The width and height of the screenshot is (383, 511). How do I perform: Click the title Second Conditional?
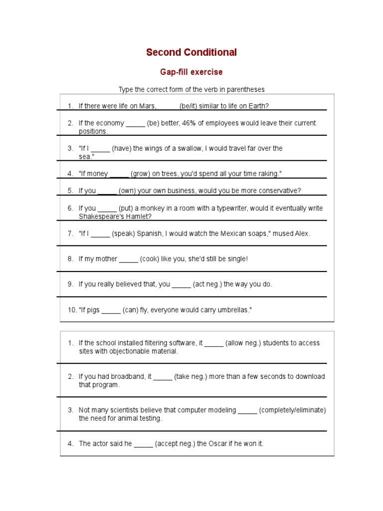coord(191,52)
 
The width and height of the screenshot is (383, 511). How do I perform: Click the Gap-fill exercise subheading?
coord(191,72)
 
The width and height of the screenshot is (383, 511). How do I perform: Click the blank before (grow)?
coord(119,174)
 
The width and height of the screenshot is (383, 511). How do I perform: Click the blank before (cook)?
coord(129,259)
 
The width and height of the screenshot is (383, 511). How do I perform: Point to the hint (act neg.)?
coord(207,284)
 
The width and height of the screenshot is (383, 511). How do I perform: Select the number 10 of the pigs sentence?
coord(72,310)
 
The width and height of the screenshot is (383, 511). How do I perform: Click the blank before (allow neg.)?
coord(214,343)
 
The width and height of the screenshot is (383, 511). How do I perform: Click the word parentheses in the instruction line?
coord(246,89)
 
